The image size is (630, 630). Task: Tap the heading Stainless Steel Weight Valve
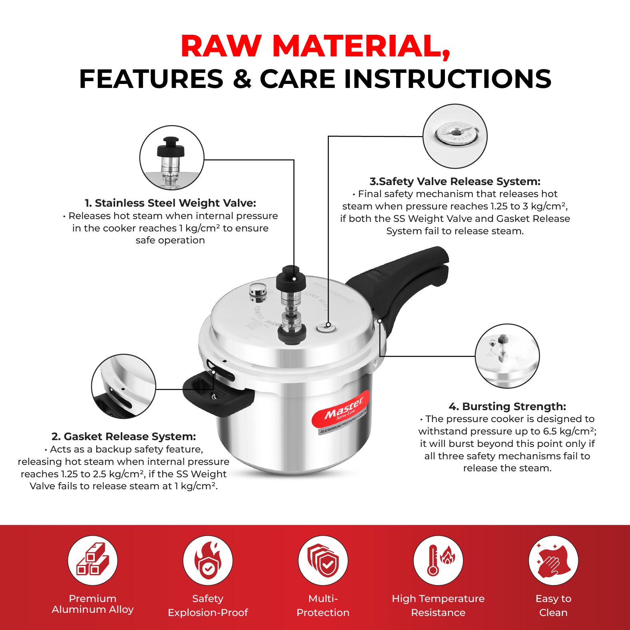point(170,203)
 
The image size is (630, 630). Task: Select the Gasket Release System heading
point(124,437)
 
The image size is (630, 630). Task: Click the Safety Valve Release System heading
point(455,181)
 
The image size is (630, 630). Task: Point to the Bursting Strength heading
point(507,407)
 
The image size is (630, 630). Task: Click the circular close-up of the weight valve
point(172,157)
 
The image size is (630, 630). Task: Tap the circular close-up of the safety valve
point(455,136)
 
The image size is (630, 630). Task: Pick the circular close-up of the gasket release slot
point(124,387)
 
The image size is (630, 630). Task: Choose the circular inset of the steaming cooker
point(507,356)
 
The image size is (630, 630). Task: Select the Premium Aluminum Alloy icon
point(93,560)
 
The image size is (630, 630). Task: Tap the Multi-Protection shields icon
point(323,560)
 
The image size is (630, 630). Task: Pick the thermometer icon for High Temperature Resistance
point(438,560)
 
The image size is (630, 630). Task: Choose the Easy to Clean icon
point(553,560)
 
